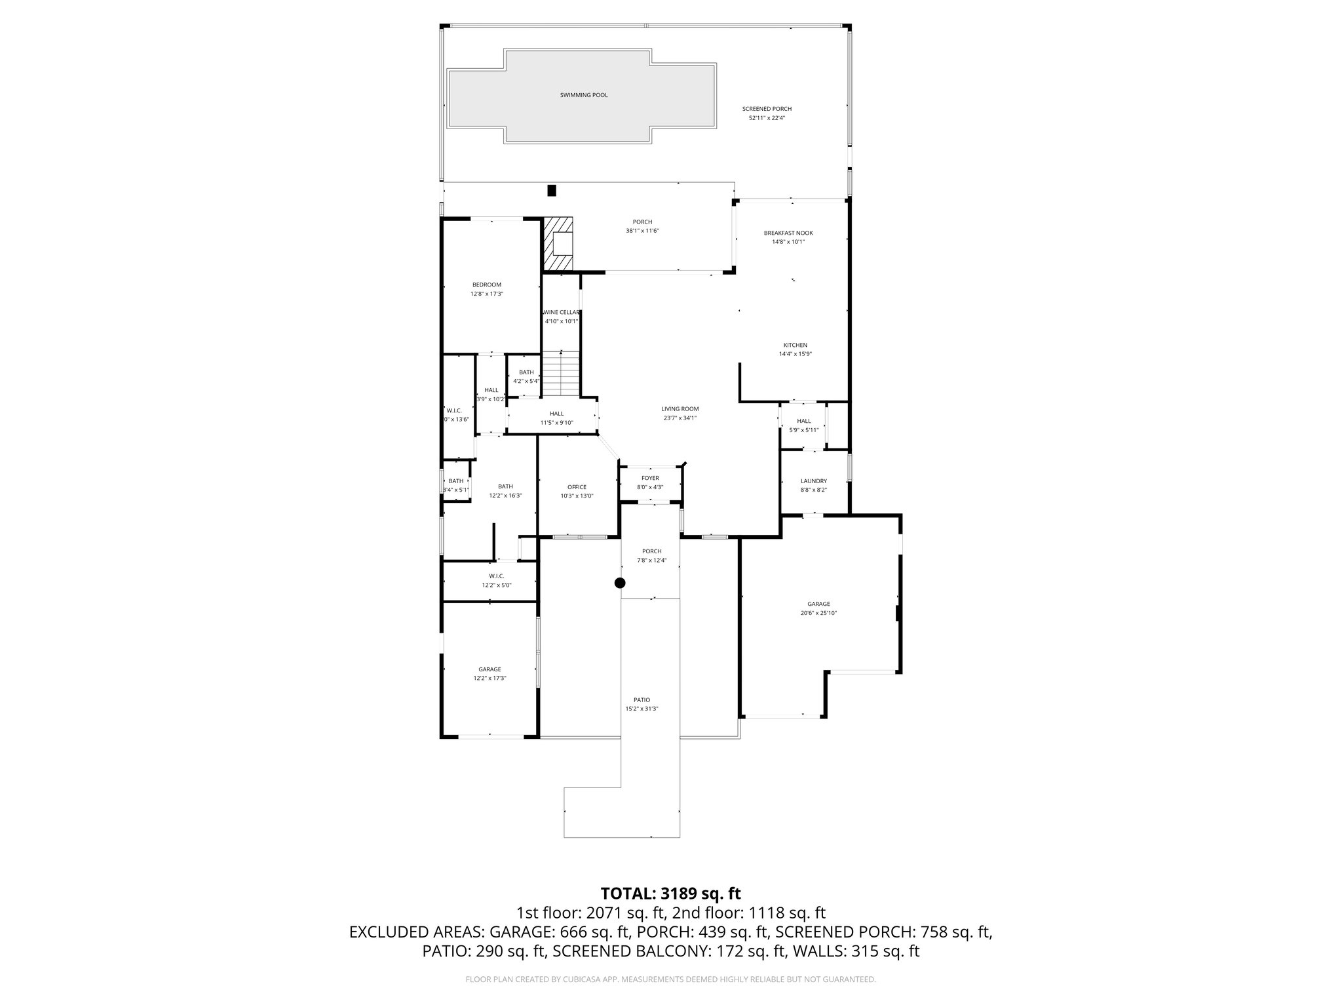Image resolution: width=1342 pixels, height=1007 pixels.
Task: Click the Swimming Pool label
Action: coord(583,95)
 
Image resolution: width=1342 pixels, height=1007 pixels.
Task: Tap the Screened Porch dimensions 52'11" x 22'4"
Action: coord(767,118)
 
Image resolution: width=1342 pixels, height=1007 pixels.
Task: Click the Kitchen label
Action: coord(795,345)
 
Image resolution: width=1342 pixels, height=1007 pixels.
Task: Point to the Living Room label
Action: coord(680,409)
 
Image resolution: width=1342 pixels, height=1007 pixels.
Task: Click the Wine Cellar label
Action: coord(562,312)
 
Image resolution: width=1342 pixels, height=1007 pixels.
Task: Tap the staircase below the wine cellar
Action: coord(561,374)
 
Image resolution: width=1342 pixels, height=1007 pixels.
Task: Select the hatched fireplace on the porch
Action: coord(558,244)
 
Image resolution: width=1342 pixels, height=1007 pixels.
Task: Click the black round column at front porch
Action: coord(620,583)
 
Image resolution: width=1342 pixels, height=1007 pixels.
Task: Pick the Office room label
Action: coord(577,487)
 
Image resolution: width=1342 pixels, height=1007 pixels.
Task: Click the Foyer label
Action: coord(650,478)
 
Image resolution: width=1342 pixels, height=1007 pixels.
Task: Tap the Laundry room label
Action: coord(813,481)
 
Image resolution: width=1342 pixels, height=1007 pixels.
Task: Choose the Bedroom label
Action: coord(486,285)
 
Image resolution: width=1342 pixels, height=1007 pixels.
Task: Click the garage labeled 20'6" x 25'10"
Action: coord(818,608)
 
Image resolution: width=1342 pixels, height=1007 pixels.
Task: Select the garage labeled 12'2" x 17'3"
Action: coord(489,674)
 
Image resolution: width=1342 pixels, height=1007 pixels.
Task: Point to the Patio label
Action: coord(642,700)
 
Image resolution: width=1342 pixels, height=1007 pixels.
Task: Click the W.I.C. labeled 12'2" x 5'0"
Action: coord(496,580)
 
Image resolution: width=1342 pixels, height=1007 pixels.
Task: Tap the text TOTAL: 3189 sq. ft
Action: coord(670,893)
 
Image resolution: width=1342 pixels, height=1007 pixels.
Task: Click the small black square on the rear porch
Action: coord(551,191)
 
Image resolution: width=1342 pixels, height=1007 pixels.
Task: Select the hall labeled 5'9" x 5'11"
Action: coord(803,425)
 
